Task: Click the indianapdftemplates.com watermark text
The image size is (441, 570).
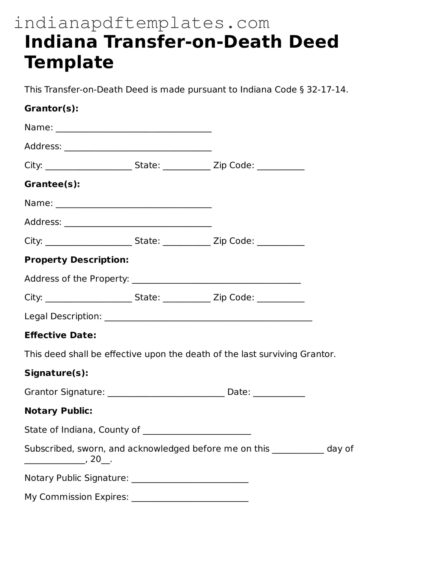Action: point(142,23)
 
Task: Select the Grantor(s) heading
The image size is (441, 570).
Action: point(51,108)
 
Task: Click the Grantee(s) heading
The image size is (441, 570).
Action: point(52,184)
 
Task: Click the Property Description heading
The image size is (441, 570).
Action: point(76,260)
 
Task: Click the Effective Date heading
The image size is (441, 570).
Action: point(60,335)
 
